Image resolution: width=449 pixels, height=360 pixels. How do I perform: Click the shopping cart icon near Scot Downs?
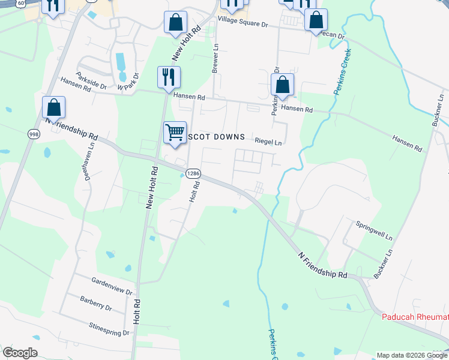175,131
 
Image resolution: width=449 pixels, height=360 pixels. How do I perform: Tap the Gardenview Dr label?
112,286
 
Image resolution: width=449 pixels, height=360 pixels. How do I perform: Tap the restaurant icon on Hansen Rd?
168,76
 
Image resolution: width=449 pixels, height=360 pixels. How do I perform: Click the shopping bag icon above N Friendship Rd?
53,107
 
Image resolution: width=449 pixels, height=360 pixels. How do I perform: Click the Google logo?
20,353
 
